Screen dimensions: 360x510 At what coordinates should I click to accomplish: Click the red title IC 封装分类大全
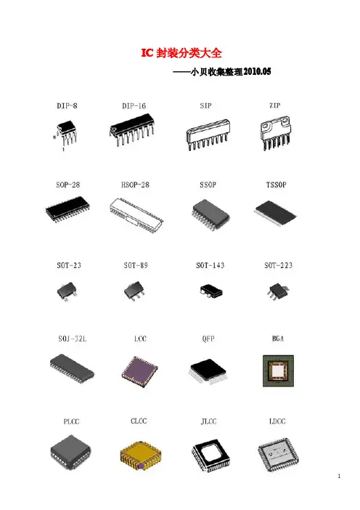181,53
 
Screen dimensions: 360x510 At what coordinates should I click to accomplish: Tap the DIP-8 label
67,106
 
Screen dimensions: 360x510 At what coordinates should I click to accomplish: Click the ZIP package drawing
276,133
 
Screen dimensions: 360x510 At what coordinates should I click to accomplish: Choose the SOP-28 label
68,185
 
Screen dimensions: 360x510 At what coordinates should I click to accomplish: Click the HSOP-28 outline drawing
136,215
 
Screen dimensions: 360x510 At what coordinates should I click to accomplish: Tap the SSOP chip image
210,215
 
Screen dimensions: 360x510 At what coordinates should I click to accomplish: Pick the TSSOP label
277,185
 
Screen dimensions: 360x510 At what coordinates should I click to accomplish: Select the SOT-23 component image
67,291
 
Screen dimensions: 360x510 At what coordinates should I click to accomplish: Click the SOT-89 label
136,265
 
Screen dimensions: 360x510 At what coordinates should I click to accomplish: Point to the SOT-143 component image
211,291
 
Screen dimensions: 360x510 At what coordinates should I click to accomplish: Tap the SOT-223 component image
278,291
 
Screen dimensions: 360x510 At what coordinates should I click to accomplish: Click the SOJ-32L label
73,339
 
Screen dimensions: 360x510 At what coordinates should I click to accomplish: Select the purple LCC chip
139,372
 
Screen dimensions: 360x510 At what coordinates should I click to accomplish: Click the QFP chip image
208,372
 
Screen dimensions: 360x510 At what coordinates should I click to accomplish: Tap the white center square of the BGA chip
278,371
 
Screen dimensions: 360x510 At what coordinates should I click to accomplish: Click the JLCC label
208,421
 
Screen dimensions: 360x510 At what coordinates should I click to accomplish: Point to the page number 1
339,476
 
